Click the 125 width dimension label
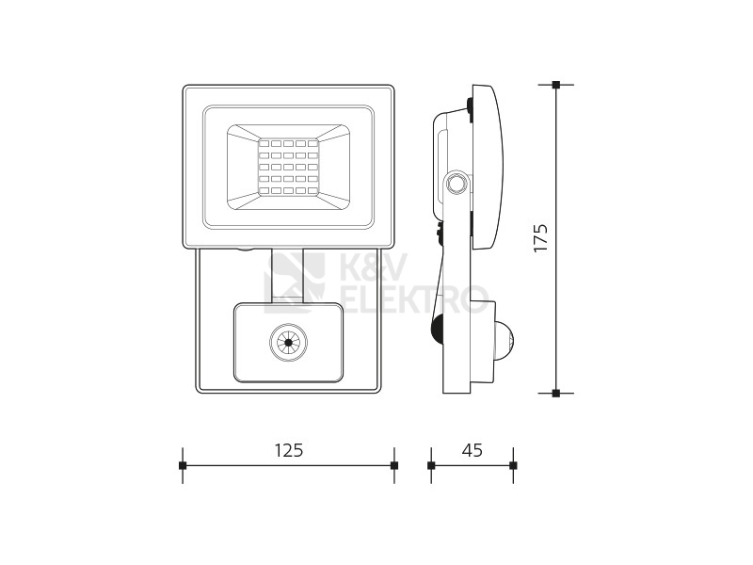(289, 450)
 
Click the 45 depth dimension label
(473, 450)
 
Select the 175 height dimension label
(540, 237)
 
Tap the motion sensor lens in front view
(288, 343)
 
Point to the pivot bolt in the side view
(456, 183)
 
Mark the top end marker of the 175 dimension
(556, 85)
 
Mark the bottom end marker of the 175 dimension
(556, 393)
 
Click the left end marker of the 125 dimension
(183, 465)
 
